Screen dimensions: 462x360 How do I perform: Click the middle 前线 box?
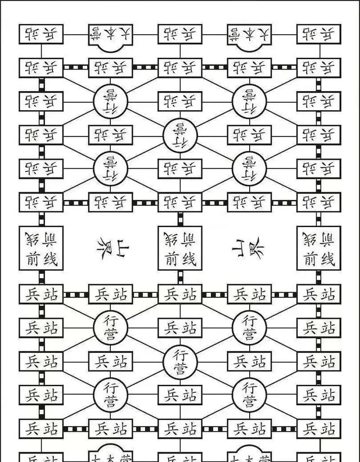[x=180, y=248]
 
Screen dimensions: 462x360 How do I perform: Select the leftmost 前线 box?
[x=41, y=248]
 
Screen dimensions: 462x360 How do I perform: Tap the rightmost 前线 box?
[x=319, y=248]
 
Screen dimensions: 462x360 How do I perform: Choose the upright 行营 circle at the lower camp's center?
[x=180, y=361]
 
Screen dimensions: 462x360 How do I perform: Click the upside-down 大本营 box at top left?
[x=111, y=34]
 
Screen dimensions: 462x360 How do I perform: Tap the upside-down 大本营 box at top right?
[x=249, y=34]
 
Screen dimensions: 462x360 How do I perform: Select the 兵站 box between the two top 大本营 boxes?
[x=180, y=34]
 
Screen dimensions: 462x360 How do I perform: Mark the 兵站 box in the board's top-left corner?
[x=41, y=34]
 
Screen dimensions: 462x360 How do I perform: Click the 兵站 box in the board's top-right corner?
[x=319, y=34]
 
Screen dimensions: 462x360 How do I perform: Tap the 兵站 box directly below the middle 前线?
[x=180, y=295]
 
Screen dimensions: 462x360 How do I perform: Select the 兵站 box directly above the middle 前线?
[x=180, y=202]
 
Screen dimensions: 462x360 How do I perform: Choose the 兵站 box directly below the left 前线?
[x=41, y=295]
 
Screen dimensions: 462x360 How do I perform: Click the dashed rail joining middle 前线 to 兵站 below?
[x=180, y=277]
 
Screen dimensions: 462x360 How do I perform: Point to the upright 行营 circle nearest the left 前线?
[x=111, y=327]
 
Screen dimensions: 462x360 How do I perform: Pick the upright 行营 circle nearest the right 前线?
[x=249, y=327]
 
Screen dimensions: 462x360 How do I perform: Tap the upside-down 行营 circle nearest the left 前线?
[x=111, y=168]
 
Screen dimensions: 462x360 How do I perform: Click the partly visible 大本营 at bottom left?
[x=111, y=456]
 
